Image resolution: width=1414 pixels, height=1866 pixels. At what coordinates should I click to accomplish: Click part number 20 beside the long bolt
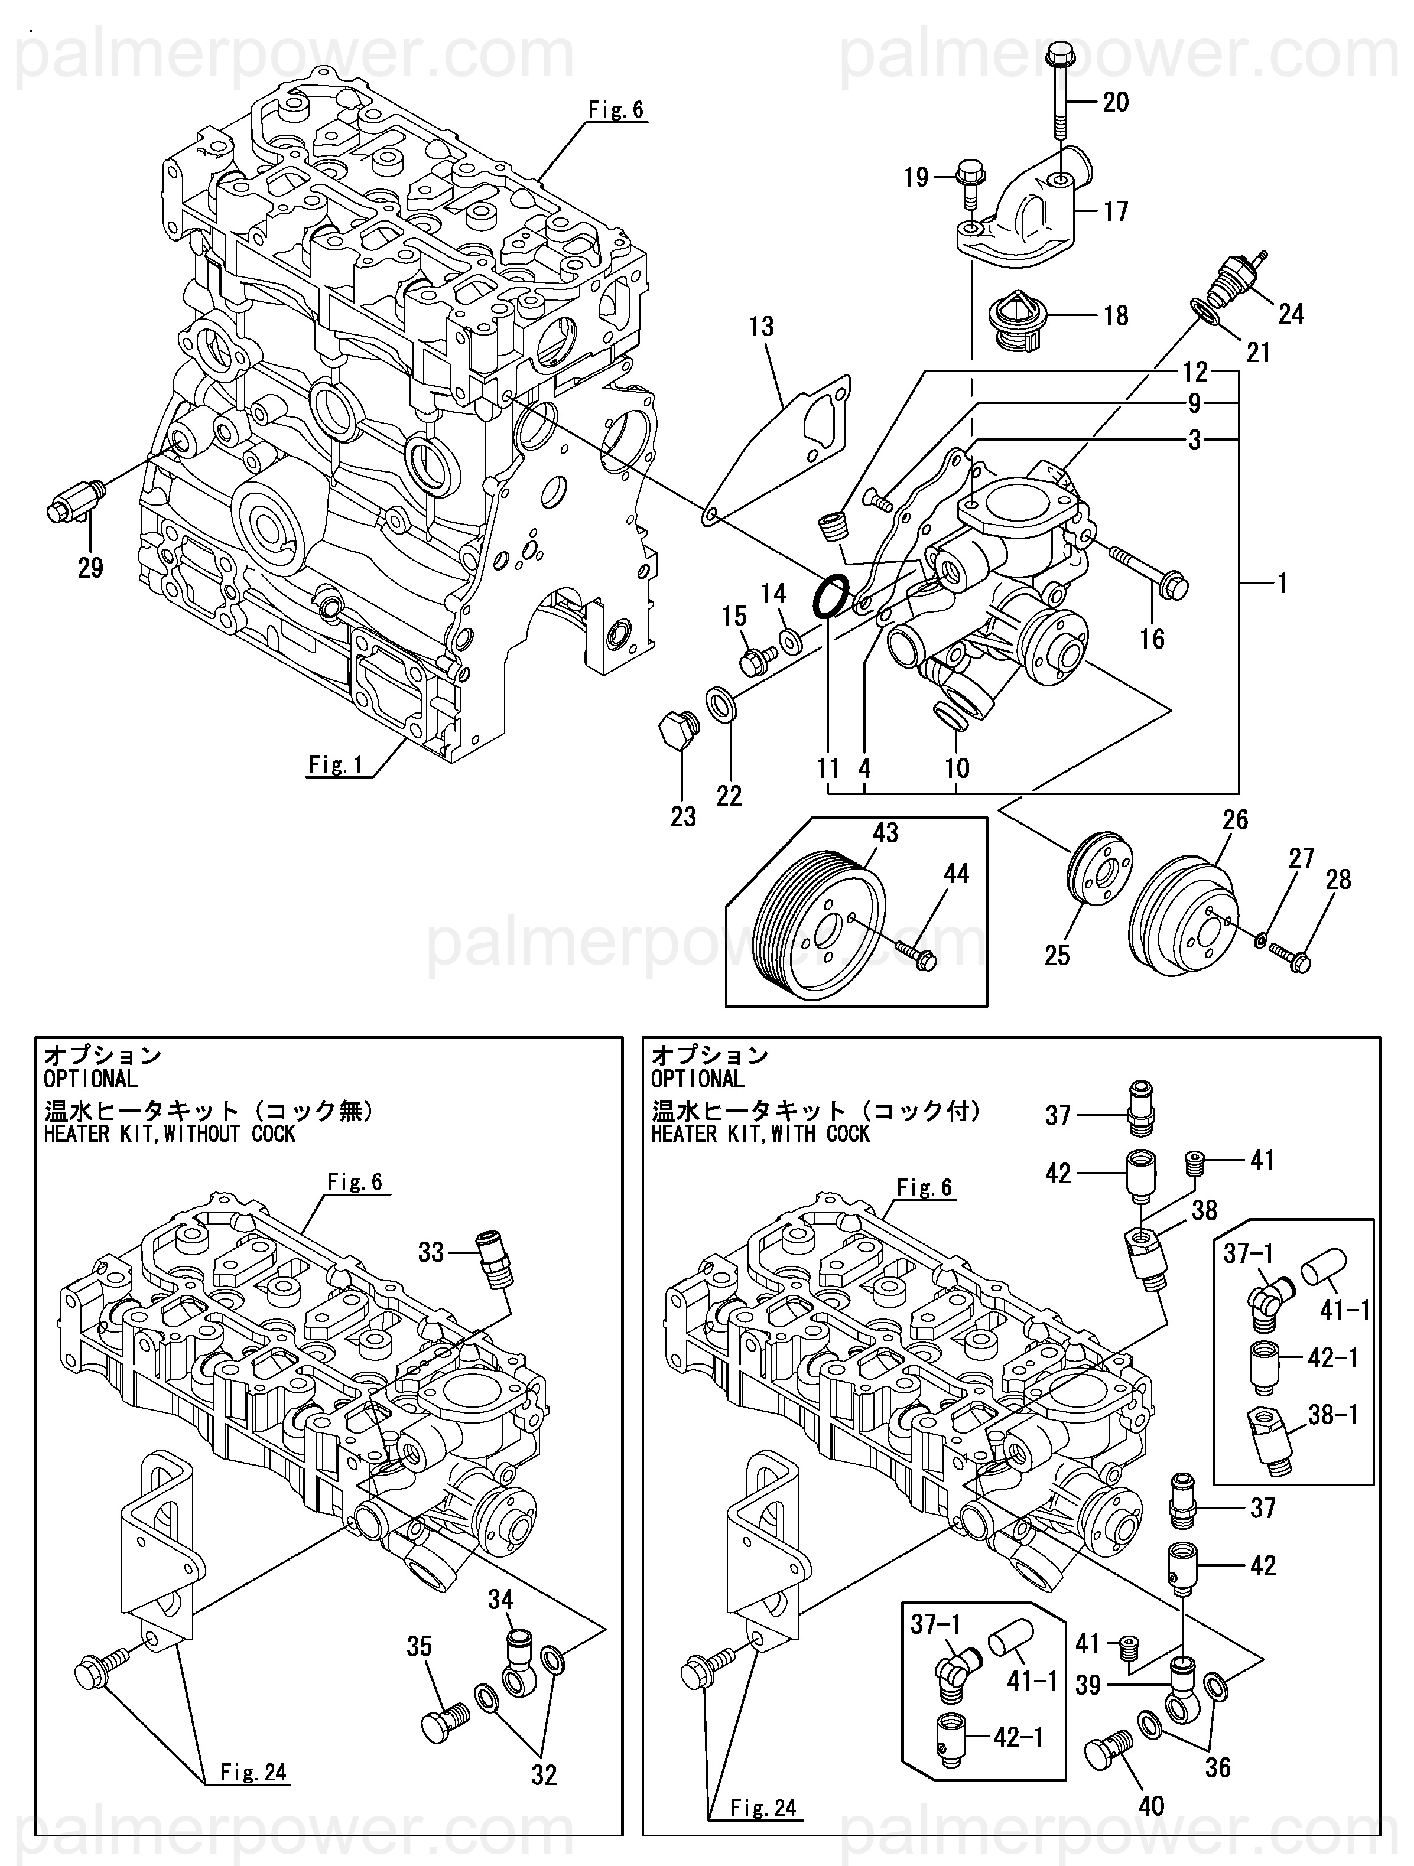coord(1116,102)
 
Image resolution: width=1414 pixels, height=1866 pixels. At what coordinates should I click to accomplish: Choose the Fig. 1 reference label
coord(335,764)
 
